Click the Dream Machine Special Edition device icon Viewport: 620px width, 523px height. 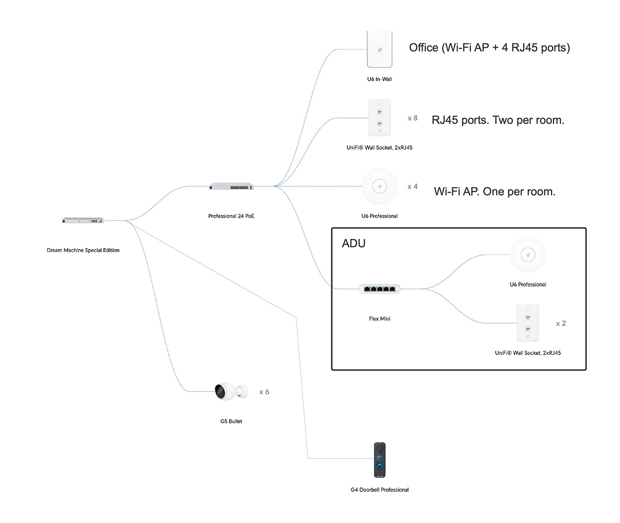83,221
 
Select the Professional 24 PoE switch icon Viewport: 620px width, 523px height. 231,186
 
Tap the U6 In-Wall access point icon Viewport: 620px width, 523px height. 380,50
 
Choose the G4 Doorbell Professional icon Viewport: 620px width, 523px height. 380,460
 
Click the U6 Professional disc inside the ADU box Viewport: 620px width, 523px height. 528,254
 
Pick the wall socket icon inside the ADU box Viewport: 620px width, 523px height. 528,323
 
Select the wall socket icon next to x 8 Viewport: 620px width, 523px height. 380,118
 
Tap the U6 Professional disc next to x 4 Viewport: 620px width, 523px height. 380,186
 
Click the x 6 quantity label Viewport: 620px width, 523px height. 264,392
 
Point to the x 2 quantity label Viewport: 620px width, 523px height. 561,324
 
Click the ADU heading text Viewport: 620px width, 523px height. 353,243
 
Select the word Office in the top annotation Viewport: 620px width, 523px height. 423,48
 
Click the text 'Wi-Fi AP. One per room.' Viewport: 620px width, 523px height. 494,191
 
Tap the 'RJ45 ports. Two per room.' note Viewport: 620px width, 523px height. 498,120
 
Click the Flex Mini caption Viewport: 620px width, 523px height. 380,319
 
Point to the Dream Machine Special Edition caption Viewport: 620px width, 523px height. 83,250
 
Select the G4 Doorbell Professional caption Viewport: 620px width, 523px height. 380,490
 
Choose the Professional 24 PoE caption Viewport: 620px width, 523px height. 231,216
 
